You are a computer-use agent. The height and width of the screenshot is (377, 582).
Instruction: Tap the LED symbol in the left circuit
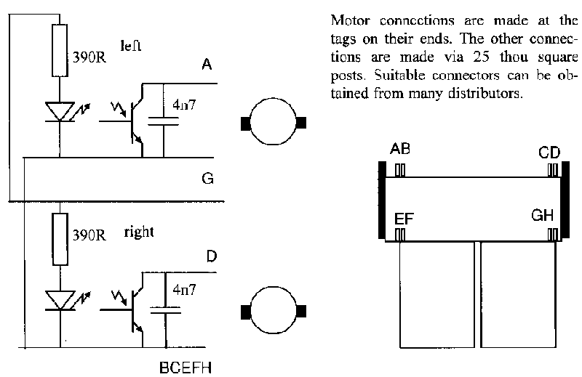point(59,111)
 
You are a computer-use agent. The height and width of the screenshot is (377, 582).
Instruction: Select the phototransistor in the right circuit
point(131,309)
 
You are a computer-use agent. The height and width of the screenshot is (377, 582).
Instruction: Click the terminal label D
point(210,256)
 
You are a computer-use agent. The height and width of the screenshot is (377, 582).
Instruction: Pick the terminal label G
point(207,179)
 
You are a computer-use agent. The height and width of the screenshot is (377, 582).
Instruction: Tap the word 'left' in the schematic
point(131,45)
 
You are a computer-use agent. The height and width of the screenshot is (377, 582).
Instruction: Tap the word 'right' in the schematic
point(138,232)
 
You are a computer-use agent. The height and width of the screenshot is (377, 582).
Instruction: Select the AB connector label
point(400,150)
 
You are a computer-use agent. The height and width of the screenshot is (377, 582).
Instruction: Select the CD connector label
point(549,152)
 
